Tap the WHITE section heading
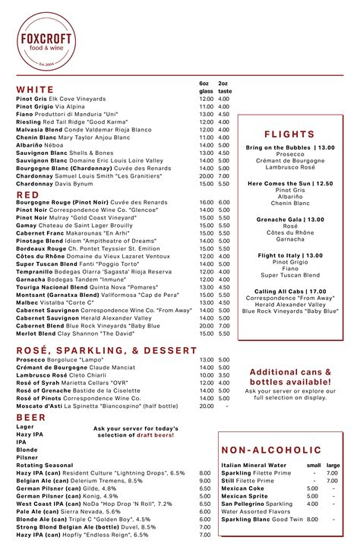pos(35,90)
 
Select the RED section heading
pos(27,194)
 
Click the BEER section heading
pos(30,418)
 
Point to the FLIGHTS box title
pos(290,134)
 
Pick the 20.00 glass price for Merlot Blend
pos(206,333)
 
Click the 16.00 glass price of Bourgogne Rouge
pos(206,203)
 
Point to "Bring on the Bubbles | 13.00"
pos(290,147)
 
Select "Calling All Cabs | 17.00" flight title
pos(290,291)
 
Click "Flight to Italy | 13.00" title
pos(290,255)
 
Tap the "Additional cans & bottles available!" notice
pos(290,377)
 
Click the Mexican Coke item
pos(244,488)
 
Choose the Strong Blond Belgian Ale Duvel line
pos(96,526)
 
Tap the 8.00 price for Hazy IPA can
pos(204,472)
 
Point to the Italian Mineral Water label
pos(254,464)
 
